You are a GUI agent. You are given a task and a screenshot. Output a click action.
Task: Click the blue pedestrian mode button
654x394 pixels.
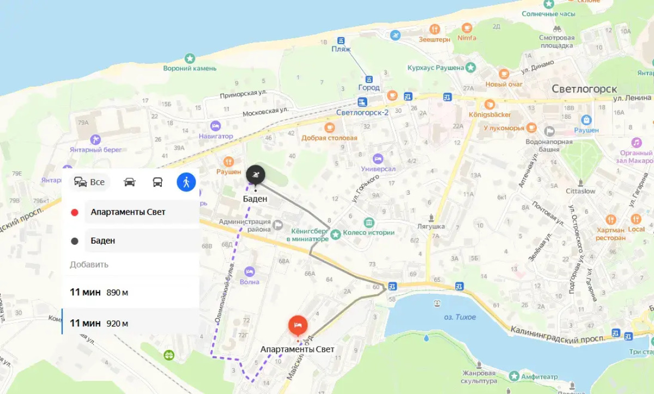[x=186, y=182]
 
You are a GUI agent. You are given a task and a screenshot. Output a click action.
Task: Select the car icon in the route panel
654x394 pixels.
[x=130, y=182]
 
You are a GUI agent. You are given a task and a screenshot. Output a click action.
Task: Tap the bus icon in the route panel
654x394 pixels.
[x=158, y=182]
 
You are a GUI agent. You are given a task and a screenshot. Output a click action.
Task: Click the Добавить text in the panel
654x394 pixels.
[x=89, y=264]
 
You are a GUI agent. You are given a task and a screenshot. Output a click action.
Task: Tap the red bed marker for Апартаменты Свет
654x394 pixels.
[x=298, y=325]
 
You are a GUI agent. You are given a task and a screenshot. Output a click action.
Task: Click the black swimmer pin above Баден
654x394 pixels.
[x=255, y=174]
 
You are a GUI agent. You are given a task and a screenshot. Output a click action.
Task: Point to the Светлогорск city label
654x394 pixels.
[x=584, y=89]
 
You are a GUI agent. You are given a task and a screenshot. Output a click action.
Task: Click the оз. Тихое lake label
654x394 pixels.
[x=459, y=317]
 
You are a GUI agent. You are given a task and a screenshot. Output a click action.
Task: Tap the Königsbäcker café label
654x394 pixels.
[x=490, y=114]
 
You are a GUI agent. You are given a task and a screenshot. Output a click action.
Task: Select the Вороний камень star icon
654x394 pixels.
[x=190, y=58]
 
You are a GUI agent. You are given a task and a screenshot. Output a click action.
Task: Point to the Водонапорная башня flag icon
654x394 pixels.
[x=549, y=131]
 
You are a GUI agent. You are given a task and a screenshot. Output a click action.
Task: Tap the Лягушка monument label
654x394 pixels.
[x=431, y=226]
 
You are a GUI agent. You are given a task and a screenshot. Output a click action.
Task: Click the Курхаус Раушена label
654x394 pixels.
[x=435, y=68]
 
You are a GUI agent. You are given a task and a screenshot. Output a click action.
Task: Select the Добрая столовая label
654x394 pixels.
[x=329, y=138]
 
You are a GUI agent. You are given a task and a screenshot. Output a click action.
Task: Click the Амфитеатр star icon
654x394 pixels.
[x=514, y=376]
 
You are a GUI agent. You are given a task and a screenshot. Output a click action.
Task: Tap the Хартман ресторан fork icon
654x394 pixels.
[x=610, y=219]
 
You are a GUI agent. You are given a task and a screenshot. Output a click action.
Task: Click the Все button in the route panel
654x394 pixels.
[x=90, y=182]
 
